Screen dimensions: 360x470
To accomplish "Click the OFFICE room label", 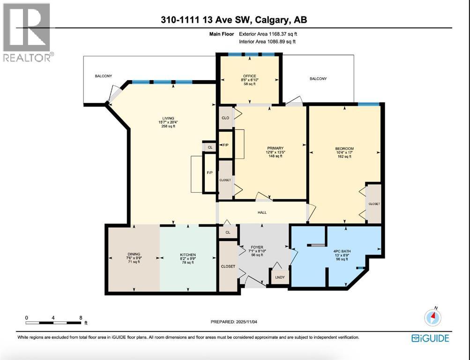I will tap(248, 76).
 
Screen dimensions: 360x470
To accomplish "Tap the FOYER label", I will tap(257, 247).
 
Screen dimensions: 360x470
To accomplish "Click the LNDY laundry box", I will tap(280, 277).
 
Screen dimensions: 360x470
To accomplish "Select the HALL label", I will tap(262, 212).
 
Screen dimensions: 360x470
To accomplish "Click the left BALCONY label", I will tap(103, 75).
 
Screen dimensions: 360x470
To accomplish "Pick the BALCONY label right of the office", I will tap(318, 79).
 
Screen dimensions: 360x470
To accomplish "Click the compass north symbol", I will tap(433, 317).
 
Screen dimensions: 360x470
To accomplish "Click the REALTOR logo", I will tap(27, 32).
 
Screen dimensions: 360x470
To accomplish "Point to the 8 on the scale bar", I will tap(81, 317).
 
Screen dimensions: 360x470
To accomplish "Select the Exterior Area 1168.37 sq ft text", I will tap(268, 34).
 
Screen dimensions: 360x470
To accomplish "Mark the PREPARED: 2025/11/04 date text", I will tap(235, 322).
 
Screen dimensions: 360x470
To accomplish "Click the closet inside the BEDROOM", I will tap(374, 204).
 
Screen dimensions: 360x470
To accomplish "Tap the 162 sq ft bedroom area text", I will tap(344, 157).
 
